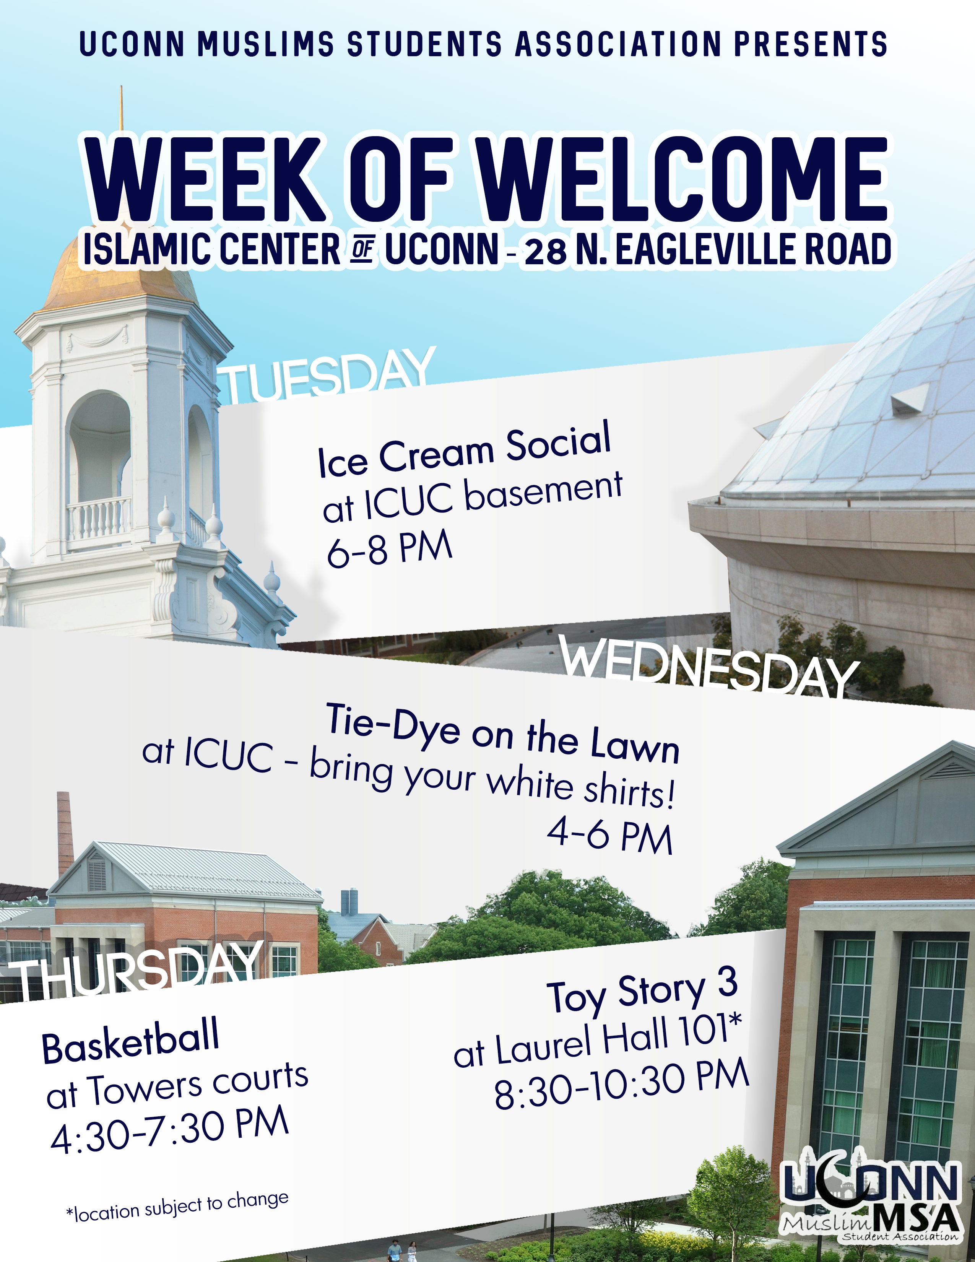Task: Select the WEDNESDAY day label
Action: pos(709,667)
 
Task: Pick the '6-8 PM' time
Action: pos(389,547)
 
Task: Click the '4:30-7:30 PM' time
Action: pos(170,1130)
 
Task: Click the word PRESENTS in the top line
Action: pos(811,44)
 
